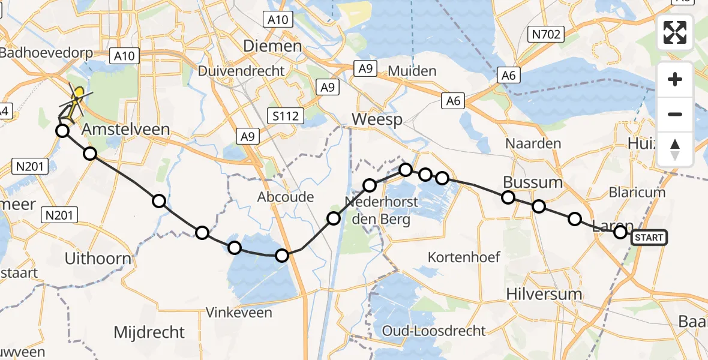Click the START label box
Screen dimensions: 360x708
point(649,238)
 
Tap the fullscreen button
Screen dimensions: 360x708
point(675,32)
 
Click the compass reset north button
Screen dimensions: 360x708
point(675,149)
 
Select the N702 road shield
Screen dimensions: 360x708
point(546,34)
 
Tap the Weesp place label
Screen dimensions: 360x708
point(376,119)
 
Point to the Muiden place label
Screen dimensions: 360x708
point(412,71)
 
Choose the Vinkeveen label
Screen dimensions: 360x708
point(239,312)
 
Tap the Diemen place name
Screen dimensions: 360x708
point(272,46)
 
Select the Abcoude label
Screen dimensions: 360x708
point(286,197)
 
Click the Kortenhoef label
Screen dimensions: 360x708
point(464,257)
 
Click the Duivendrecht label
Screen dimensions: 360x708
point(241,71)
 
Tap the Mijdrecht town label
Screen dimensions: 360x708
point(149,332)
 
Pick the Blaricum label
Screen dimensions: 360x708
point(637,193)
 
